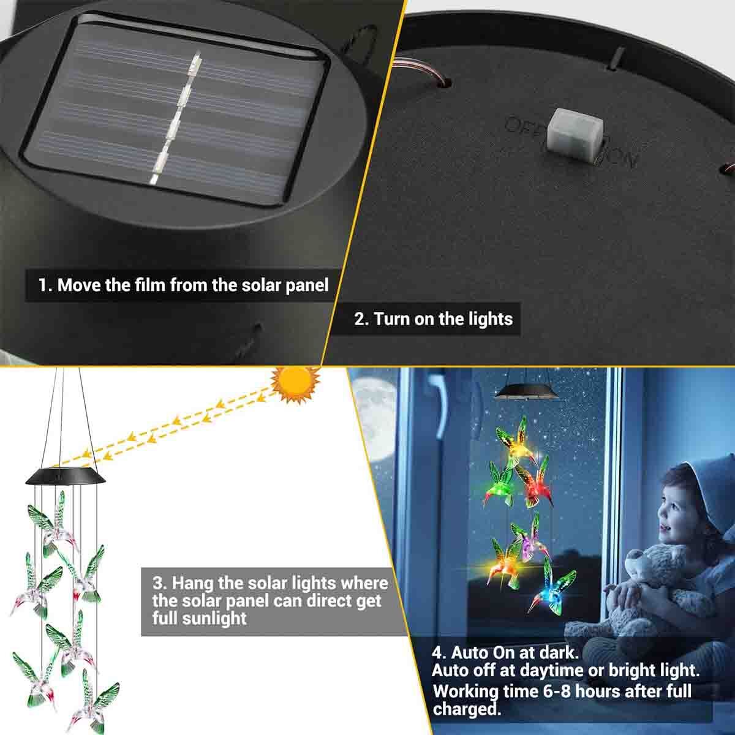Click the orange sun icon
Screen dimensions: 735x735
pyautogui.click(x=296, y=384)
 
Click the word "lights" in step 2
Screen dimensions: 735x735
pyautogui.click(x=488, y=318)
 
